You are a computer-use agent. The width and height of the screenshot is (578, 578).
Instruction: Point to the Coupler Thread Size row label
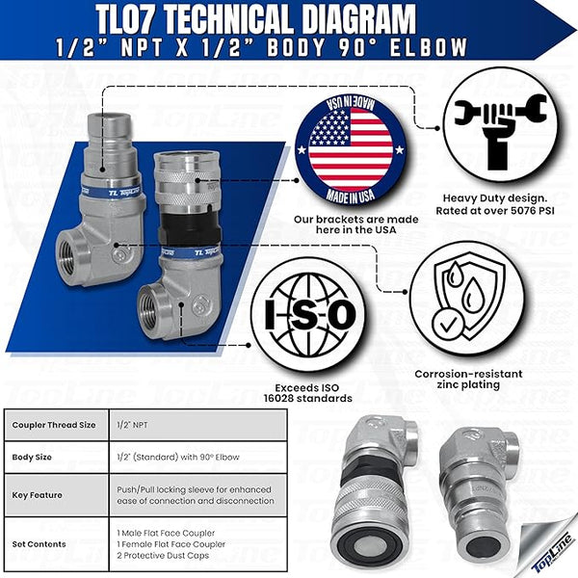click(x=54, y=424)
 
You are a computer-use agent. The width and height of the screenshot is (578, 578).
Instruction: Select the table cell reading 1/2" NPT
click(x=133, y=424)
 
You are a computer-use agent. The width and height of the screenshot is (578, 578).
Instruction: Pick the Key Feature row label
click(x=38, y=494)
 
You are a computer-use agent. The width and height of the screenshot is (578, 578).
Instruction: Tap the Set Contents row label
click(x=39, y=543)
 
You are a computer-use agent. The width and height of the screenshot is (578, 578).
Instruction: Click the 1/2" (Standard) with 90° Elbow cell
click(x=178, y=458)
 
